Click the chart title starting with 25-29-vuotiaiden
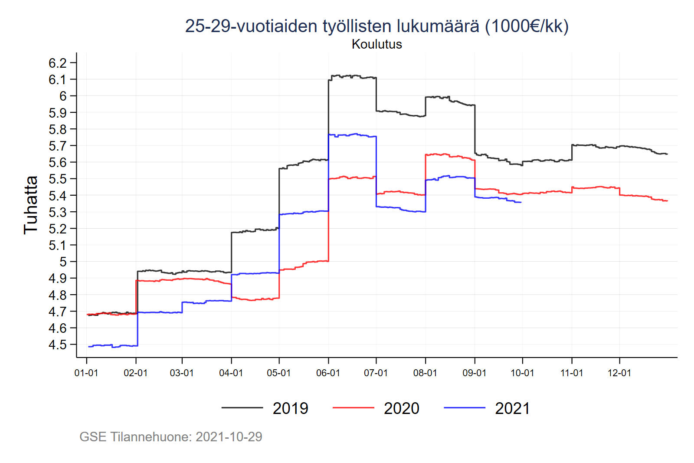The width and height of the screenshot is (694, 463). [376, 26]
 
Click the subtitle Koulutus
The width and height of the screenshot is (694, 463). [376, 44]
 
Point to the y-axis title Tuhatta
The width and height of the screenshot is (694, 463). [31, 205]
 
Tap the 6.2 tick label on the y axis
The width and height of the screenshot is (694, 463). [58, 63]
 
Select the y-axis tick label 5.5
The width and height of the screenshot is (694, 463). [58, 179]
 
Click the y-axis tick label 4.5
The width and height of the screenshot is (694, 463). [58, 345]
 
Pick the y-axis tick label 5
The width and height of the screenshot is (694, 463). [63, 262]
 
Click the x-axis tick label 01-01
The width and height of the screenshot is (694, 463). [86, 373]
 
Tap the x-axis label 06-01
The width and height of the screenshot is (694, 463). [328, 373]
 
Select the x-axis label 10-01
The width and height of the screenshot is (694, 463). [522, 373]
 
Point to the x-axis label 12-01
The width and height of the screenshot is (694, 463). [619, 373]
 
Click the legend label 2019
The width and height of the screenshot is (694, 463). [290, 408]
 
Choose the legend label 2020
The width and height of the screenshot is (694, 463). [401, 408]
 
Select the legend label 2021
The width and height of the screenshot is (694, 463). [512, 408]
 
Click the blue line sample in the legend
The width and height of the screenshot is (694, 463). [465, 408]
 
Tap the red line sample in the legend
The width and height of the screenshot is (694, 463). [353, 408]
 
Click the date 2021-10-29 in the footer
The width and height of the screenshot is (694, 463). [229, 437]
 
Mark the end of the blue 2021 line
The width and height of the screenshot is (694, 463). [521, 202]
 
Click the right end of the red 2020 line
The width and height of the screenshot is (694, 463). [667, 201]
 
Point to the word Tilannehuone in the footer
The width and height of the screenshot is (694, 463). [151, 437]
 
